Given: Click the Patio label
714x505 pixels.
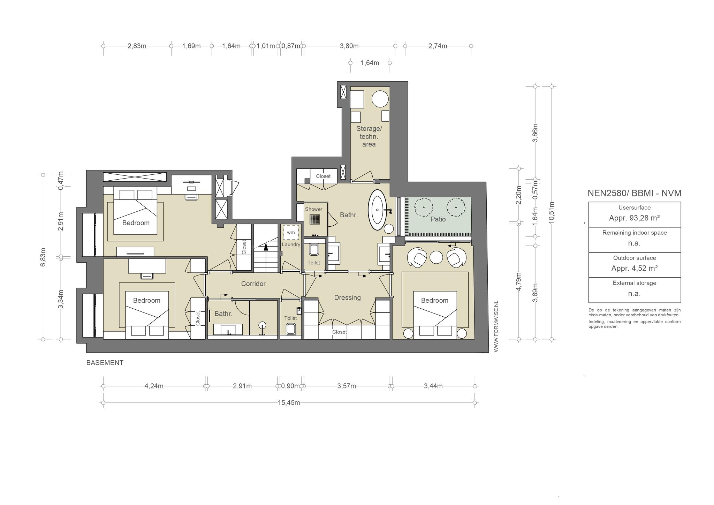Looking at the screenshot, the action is click(438, 219).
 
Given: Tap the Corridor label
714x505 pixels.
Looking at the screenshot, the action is click(253, 284).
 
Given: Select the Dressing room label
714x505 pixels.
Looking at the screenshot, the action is click(347, 297).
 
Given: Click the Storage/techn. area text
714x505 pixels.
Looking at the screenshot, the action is click(369, 136).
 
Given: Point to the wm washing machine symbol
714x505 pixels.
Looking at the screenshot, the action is click(291, 232).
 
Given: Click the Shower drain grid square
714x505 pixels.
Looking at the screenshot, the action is click(314, 219).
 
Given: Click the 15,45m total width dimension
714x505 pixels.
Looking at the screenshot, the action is click(289, 403).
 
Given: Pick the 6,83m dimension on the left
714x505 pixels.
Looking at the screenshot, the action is click(43, 257).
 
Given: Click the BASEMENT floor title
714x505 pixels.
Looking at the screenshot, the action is click(105, 363).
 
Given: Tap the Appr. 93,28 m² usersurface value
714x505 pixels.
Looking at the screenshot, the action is click(634, 218).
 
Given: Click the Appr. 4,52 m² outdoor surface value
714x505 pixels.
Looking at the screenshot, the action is click(634, 269).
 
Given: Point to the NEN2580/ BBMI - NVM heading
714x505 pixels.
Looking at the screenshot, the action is click(634, 193).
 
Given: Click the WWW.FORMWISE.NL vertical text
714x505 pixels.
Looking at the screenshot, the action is click(496, 326).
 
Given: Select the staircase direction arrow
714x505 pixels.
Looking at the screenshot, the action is click(266, 247).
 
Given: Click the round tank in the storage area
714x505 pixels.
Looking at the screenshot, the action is click(380, 99).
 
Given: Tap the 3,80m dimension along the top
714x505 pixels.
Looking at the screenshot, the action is click(349, 46).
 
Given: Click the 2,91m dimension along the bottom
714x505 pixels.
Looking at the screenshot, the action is click(242, 386).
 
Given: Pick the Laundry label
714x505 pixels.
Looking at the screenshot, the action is click(291, 244).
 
